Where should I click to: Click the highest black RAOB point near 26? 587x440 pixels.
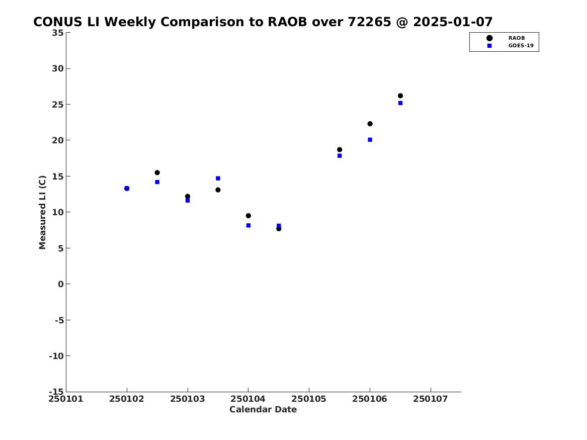(x=400, y=96)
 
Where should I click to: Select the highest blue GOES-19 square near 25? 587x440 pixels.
(x=400, y=103)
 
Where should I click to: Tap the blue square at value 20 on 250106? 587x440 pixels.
(x=370, y=140)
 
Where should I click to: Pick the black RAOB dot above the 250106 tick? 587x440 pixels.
(x=370, y=124)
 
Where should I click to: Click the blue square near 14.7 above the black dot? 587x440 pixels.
(x=218, y=178)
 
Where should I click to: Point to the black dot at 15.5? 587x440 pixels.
(x=157, y=172)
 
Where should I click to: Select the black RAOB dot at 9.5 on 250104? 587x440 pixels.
(x=248, y=216)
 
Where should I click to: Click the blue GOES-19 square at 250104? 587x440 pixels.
(x=248, y=225)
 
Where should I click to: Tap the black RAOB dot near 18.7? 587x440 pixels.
(x=340, y=150)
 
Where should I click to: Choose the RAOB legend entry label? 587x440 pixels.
(x=516, y=38)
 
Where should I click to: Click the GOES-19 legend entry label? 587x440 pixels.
(x=521, y=46)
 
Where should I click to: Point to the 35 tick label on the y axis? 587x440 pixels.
(x=58, y=33)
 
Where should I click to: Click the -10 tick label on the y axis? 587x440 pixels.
(x=56, y=356)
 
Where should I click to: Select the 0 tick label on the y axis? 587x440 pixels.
(x=61, y=284)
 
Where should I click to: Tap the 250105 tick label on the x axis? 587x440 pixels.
(x=309, y=399)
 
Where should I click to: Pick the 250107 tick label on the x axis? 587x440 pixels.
(x=431, y=399)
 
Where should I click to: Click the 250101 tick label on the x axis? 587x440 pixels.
(x=66, y=399)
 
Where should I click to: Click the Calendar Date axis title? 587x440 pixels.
(x=263, y=409)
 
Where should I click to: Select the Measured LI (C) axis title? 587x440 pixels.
(x=42, y=212)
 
